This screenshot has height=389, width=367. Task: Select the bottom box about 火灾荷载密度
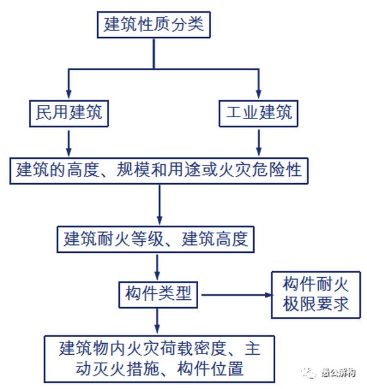click(158, 359)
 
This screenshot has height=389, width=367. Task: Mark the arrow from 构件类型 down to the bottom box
click(158, 320)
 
